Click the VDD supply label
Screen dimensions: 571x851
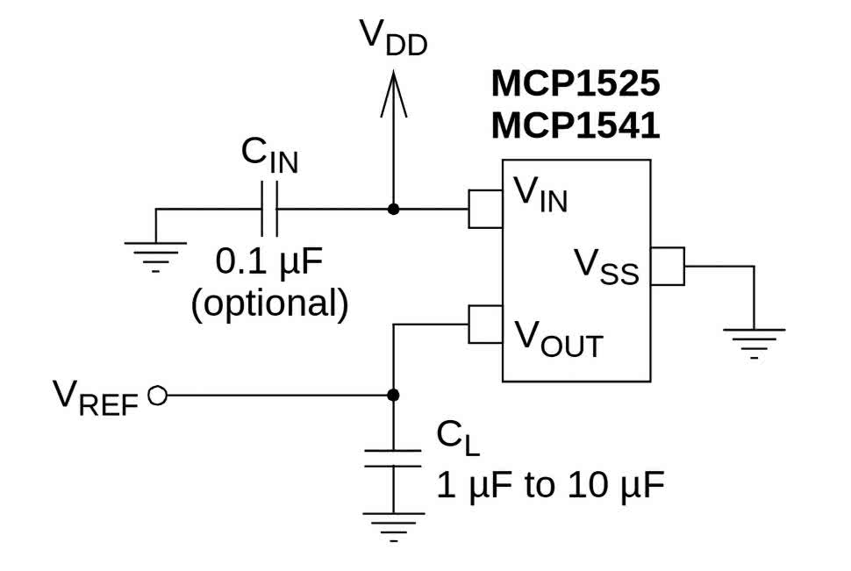[392, 39]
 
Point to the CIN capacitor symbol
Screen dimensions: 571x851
[268, 210]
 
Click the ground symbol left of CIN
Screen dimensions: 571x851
[156, 253]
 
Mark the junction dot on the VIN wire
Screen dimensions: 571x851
[393, 210]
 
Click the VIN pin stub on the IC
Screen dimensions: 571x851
[485, 210]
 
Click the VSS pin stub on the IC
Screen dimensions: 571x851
[669, 266]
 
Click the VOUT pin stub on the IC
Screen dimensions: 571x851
[485, 324]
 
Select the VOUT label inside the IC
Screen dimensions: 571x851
[558, 338]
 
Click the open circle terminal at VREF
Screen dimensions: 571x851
[157, 396]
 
